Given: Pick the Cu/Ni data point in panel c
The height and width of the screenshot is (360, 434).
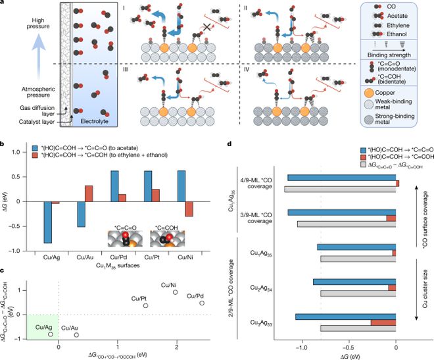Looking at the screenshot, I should (x=176, y=292).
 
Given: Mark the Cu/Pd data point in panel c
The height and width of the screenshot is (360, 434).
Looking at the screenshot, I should (x=202, y=303).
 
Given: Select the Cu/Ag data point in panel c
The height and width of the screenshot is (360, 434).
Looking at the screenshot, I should (x=50, y=334).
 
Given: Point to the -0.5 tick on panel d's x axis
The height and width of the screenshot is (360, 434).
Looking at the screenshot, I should (x=349, y=343).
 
